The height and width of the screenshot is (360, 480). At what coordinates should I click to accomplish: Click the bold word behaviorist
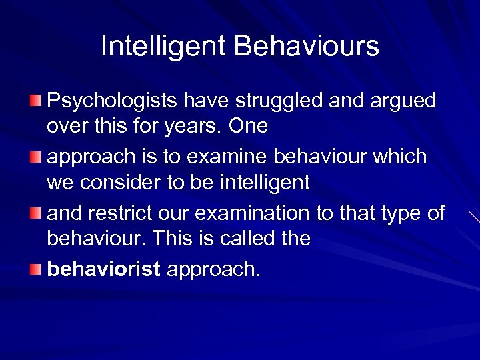click(x=104, y=269)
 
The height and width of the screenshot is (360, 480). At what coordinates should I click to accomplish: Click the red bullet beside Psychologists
click(x=35, y=101)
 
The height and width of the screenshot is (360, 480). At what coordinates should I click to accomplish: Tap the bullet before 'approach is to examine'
click(x=35, y=157)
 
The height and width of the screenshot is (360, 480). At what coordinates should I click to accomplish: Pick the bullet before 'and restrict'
click(x=35, y=213)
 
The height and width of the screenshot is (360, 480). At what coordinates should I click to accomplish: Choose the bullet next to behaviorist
click(x=35, y=269)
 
